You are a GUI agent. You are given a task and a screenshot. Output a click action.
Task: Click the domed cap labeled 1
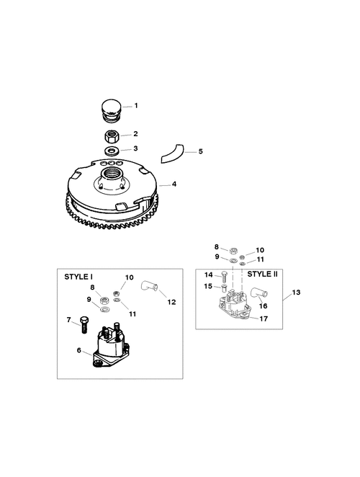point(112,110)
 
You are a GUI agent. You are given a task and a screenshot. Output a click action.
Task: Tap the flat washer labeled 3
point(112,151)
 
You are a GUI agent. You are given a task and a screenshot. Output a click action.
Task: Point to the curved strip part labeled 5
point(171,154)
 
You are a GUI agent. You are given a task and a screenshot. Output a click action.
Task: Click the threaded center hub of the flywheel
point(112,177)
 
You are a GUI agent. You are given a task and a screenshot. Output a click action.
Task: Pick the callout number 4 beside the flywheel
point(174,184)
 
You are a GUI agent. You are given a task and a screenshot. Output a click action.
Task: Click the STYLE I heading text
point(78,277)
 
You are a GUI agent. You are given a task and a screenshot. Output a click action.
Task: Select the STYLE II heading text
point(262,274)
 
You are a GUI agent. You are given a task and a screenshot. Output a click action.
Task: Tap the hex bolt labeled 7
point(84,324)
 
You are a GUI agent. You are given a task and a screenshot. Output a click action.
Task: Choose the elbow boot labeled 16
point(258,293)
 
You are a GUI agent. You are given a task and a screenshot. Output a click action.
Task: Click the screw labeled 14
point(224,277)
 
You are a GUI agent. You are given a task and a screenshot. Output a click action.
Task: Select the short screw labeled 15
point(224,287)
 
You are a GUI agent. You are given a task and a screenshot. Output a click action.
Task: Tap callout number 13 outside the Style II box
point(296,292)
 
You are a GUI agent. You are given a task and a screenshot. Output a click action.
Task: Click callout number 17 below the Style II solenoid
point(264,318)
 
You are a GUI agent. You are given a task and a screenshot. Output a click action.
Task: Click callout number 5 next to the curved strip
point(200,151)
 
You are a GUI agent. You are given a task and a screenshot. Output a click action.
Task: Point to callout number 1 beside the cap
point(136,106)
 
